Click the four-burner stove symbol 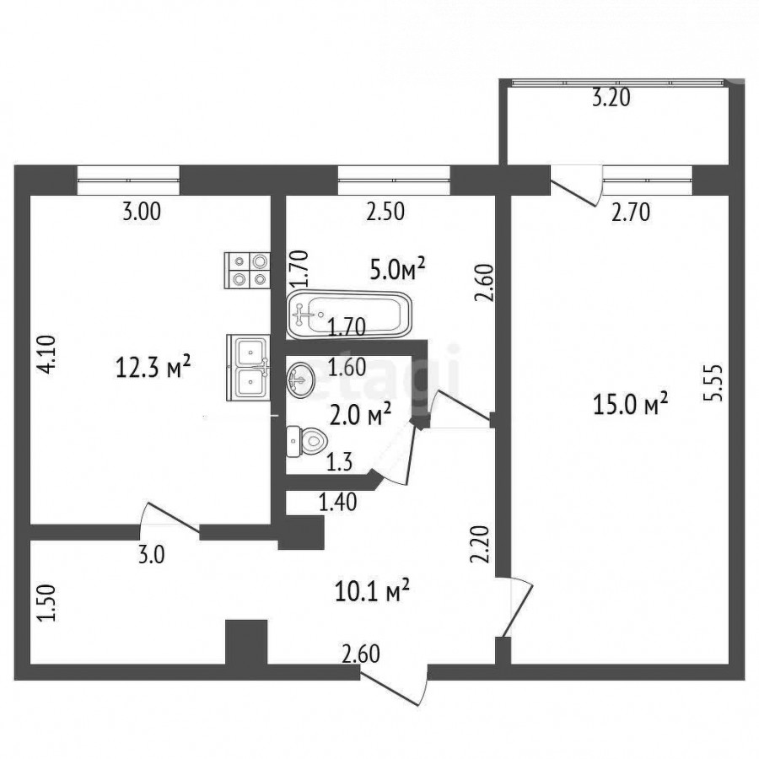247,271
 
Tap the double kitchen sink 248,369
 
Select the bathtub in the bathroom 349,315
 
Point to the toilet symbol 307,441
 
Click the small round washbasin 300,379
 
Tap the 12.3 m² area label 153,369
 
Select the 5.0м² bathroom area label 397,270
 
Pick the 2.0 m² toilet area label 359,415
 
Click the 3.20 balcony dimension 611,99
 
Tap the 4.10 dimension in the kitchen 49,355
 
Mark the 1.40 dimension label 338,502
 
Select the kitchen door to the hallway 170,519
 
